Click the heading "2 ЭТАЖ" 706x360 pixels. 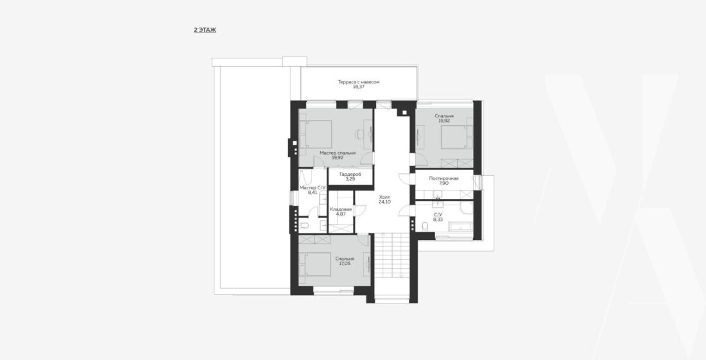click(x=205, y=30)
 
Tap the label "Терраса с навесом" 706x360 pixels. click(x=359, y=82)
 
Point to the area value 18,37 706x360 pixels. click(x=359, y=87)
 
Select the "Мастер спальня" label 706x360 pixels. click(x=338, y=153)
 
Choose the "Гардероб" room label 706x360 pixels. click(x=350, y=174)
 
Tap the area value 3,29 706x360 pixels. click(x=350, y=179)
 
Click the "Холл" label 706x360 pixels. click(x=384, y=197)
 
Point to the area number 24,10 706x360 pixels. click(x=384, y=202)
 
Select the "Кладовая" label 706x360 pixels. click(x=341, y=209)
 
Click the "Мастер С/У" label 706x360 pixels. click(x=313, y=187)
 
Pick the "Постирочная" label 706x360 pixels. click(x=444, y=178)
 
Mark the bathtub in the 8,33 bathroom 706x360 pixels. click(x=454, y=227)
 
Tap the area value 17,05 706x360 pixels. click(x=345, y=264)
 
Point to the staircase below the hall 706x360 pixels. click(x=392, y=257)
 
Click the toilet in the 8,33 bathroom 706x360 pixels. click(x=425, y=225)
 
